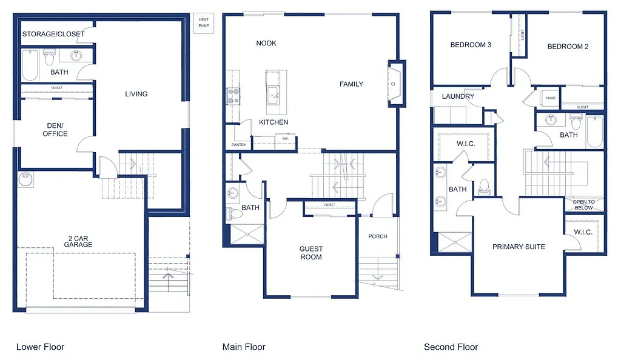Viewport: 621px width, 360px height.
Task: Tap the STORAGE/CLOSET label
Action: click(x=53, y=35)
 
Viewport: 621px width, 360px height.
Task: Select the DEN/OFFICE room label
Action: click(x=55, y=130)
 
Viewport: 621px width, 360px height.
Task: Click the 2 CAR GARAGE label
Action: click(x=78, y=241)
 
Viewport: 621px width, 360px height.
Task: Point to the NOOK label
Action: click(x=266, y=43)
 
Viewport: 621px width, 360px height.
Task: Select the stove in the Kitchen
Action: click(x=233, y=97)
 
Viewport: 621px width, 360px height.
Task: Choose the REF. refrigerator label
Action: click(x=286, y=139)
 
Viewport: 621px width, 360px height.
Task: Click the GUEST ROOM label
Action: click(x=311, y=253)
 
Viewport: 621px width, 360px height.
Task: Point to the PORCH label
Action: click(x=377, y=236)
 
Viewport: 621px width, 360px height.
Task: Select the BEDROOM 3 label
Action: click(x=471, y=45)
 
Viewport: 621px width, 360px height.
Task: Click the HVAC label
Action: click(x=551, y=98)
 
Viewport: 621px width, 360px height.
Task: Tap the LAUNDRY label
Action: click(x=458, y=96)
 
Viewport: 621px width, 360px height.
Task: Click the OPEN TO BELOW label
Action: click(x=583, y=204)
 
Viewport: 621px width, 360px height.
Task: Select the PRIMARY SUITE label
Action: click(x=519, y=247)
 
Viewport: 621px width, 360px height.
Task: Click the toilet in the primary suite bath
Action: click(x=484, y=185)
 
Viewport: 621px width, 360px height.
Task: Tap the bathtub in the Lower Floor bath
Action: click(x=30, y=65)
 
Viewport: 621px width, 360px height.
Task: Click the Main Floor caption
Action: click(x=244, y=347)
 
